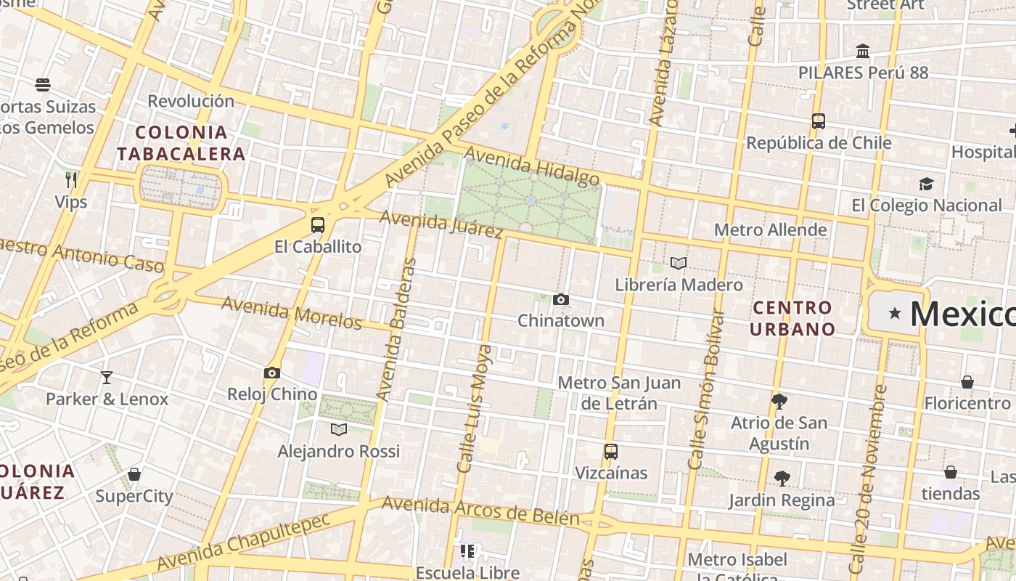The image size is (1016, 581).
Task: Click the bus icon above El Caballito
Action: pos(318,225)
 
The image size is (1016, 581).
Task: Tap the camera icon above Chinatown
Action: pos(560,299)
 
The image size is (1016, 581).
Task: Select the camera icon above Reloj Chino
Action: pos(272,373)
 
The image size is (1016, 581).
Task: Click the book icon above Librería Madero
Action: pos(679,264)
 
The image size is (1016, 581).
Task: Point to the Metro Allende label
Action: pos(770,230)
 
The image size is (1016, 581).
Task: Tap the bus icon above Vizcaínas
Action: pos(611,452)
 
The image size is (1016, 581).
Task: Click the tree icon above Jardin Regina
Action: pos(782,478)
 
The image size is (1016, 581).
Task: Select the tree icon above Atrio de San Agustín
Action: pos(779,401)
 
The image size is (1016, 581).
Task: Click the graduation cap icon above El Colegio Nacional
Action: pos(926,184)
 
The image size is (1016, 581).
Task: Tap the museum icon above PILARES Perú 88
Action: pos(863,52)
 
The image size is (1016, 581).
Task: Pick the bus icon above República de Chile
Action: pos(819,121)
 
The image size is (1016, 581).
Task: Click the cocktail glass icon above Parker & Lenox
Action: pos(107,378)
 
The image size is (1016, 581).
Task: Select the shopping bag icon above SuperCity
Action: pos(134,475)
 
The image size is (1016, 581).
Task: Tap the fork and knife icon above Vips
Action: pos(71,180)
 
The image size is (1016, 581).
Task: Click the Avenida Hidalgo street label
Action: pos(532,166)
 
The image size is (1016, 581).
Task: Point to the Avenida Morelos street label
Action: pos(291,312)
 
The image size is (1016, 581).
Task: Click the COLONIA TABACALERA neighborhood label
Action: pos(181,143)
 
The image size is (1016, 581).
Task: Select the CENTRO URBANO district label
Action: pos(792,318)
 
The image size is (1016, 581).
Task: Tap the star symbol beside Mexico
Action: pos(895,314)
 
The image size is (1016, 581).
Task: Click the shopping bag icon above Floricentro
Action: pos(967,382)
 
